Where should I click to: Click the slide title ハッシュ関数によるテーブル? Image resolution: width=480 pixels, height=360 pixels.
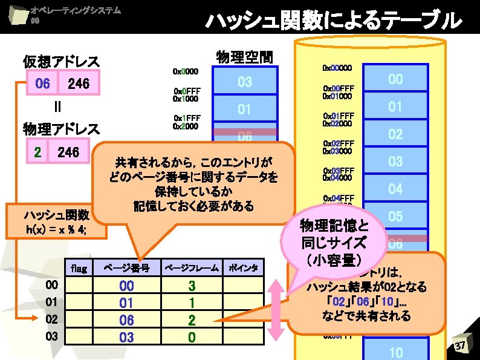click(333, 21)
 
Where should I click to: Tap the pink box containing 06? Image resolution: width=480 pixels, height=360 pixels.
click(42, 83)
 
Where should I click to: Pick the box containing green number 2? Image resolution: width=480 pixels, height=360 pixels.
click(37, 152)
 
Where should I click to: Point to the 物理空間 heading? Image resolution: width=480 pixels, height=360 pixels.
click(244, 57)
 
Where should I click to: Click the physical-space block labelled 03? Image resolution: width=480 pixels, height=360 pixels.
click(244, 82)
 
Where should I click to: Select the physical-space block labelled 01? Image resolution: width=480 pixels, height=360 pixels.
click(244, 110)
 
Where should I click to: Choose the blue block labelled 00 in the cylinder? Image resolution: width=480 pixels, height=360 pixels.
click(395, 79)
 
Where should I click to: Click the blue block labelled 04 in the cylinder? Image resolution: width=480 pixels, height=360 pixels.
click(395, 189)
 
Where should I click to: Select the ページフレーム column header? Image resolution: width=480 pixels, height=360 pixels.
click(192, 267)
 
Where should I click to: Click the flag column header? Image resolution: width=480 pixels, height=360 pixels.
click(79, 267)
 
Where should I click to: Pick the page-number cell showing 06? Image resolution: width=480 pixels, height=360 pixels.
click(126, 319)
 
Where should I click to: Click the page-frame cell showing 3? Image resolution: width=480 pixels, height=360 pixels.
click(192, 285)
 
